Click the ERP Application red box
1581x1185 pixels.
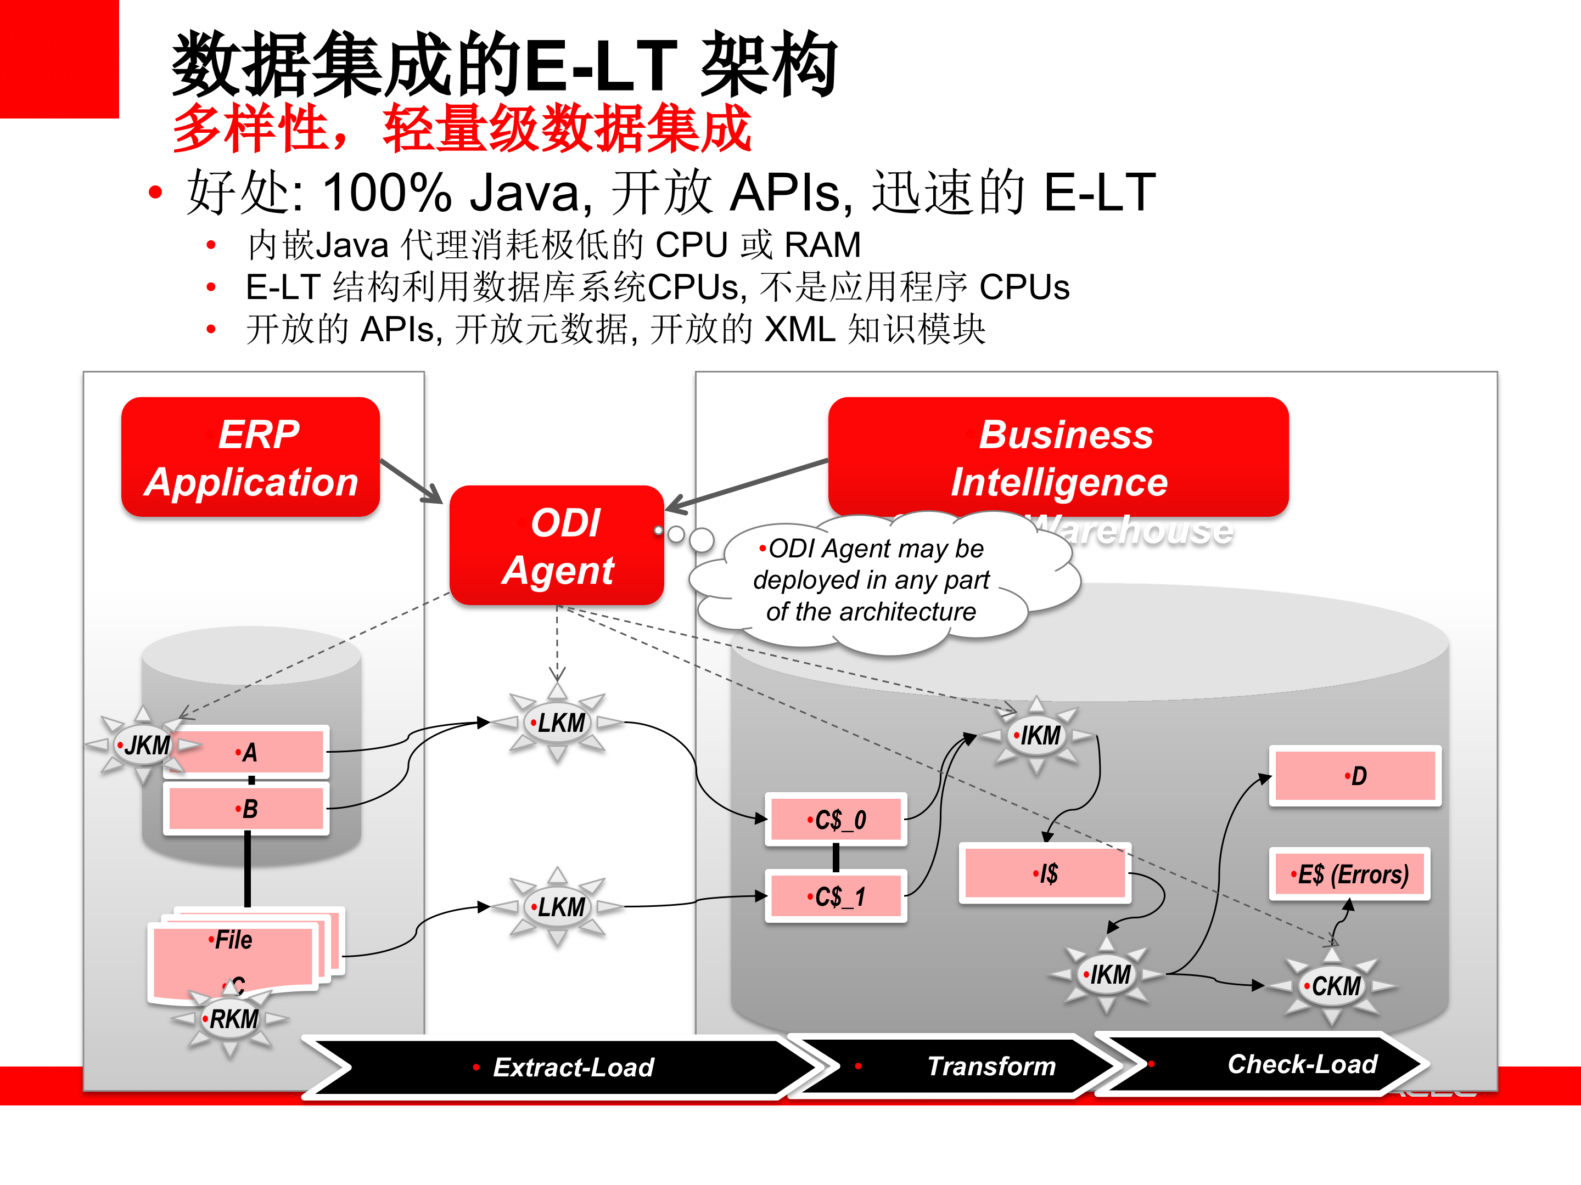[x=250, y=457]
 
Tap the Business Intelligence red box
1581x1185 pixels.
[x=1058, y=457]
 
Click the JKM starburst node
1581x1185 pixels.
[x=145, y=746]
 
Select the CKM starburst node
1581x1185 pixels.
[x=1333, y=986]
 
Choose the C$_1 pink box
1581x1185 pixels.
[x=836, y=896]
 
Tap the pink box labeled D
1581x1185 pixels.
[x=1354, y=776]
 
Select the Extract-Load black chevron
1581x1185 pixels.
[x=565, y=1067]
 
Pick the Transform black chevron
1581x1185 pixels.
[x=972, y=1066]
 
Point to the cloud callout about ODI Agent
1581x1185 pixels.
[x=872, y=580]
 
